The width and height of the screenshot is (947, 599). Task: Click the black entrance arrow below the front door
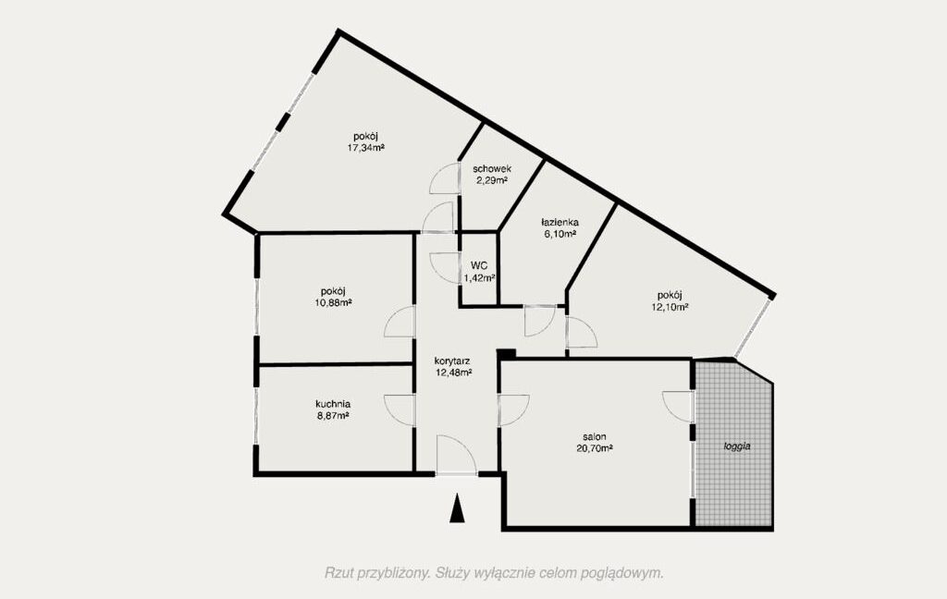point(458,507)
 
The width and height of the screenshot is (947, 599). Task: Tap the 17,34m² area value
point(366,147)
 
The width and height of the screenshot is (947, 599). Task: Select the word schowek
point(492,169)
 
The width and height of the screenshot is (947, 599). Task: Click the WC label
point(480,265)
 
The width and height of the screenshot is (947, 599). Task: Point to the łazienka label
point(560,222)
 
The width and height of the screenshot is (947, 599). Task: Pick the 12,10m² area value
point(670,307)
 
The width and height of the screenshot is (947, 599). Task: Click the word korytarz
point(452,361)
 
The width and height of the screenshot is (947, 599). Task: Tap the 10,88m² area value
point(333,302)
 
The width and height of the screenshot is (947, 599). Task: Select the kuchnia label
point(333,404)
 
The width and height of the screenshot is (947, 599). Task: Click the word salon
point(595,436)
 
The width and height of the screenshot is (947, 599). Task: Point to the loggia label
point(737,446)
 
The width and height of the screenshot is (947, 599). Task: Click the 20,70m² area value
point(595,448)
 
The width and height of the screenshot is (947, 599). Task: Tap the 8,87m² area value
point(333,415)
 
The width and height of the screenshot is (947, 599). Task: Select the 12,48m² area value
point(453,373)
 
